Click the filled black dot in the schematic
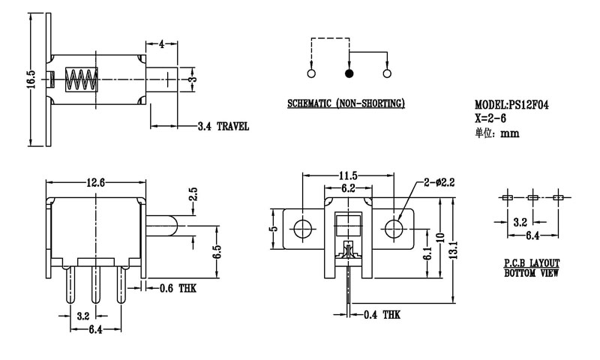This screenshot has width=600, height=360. (x=349, y=73)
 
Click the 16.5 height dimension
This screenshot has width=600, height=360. (x=30, y=79)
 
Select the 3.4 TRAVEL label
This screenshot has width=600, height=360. (x=223, y=126)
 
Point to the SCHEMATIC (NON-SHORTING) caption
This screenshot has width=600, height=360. (x=346, y=103)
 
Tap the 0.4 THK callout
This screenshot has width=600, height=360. (x=381, y=315)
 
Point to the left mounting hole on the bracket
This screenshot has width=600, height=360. (x=304, y=227)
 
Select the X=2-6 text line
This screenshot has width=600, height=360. (x=495, y=118)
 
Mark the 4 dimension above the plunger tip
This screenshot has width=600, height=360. (x=161, y=43)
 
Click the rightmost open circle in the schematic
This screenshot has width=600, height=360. (x=387, y=73)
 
